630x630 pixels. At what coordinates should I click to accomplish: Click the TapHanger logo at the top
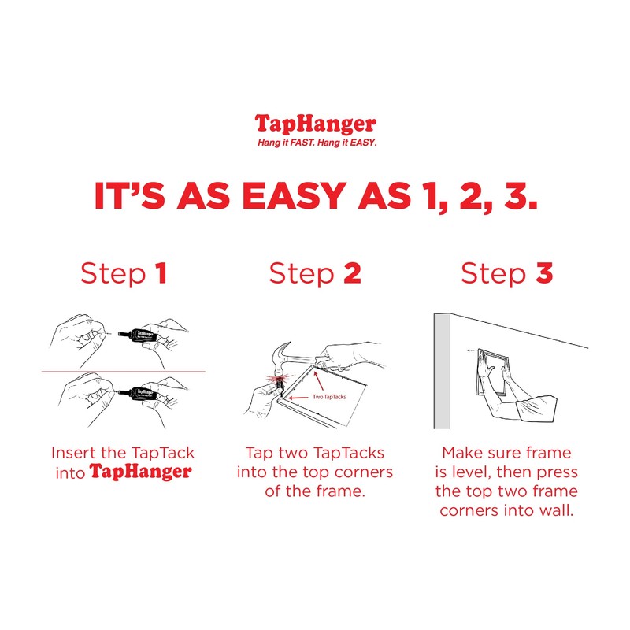315,124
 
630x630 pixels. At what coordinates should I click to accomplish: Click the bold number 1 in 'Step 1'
161,273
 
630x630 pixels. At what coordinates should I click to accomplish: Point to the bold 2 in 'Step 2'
351,273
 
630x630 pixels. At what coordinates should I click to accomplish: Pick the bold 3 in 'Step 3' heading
544,273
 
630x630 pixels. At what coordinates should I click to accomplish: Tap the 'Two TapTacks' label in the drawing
329,397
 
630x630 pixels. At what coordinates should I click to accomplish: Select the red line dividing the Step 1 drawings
126,371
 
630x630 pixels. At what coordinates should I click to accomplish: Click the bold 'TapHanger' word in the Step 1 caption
139,472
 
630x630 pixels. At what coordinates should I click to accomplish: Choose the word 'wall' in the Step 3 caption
561,510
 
